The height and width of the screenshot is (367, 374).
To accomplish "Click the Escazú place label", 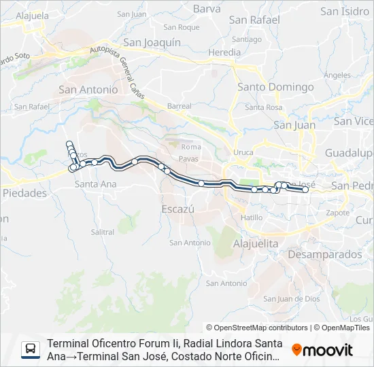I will pos(178,209).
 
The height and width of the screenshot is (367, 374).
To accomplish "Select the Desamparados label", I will pos(325,254).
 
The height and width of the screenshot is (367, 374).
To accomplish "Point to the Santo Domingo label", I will pos(275,87).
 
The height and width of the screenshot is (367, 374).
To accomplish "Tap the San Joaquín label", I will pos(152,42).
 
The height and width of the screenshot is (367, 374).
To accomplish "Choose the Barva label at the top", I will pos(207,9).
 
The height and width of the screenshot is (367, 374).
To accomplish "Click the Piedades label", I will pos(25,193).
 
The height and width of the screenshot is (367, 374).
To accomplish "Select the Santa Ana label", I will pos(95,184).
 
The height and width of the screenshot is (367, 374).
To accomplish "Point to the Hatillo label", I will pos(252,217).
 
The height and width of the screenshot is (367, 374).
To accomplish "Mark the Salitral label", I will pos(103,232).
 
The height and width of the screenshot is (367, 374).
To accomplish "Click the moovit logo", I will pos(322,350).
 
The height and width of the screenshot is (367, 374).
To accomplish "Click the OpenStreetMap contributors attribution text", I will pos(257,328).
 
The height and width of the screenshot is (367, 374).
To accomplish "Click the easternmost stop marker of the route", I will pos(305,190).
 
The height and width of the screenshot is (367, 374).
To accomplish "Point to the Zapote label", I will pos(338,213).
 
